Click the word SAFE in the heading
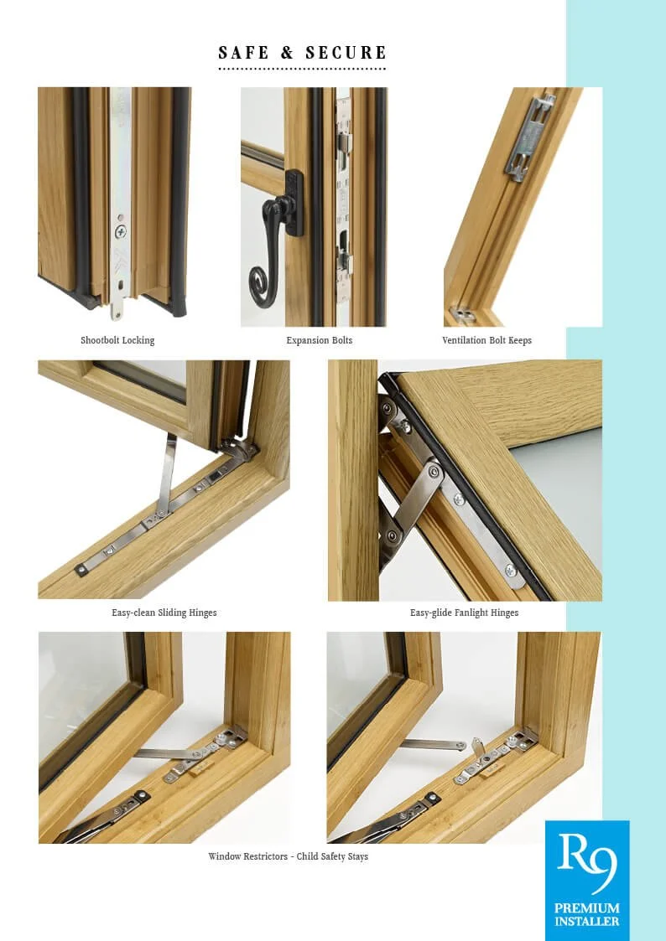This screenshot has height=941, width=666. [242, 53]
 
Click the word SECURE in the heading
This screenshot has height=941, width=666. [346, 53]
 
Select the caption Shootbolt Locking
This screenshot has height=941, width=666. [117, 340]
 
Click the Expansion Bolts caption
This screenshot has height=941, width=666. [320, 340]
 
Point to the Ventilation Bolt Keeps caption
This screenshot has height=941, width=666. [486, 340]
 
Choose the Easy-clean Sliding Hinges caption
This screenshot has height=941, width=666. [164, 613]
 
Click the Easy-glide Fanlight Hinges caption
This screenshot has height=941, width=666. [464, 613]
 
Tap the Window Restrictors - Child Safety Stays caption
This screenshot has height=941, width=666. [288, 856]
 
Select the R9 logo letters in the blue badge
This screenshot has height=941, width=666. [586, 863]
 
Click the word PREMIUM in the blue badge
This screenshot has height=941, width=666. [586, 908]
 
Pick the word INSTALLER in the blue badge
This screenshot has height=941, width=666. [586, 922]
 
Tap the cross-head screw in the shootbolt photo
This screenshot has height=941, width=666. [121, 230]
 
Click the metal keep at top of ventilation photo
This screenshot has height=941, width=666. [529, 134]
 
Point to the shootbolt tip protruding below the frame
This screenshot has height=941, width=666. [116, 309]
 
